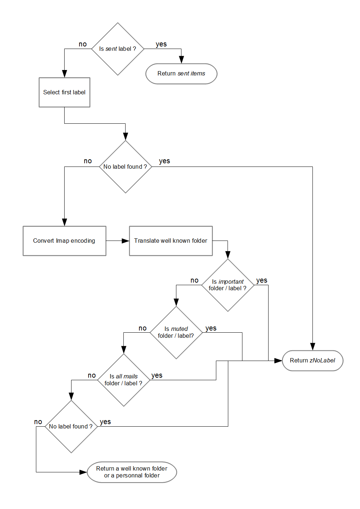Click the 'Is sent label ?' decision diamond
(118, 49)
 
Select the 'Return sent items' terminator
(181, 74)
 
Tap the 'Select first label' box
(64, 92)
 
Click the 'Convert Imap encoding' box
(64, 241)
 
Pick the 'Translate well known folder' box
(171, 241)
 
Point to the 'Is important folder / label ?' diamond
(228, 285)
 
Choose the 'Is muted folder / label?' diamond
(176, 332)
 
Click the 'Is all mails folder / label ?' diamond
(123, 380)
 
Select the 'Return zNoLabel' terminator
(312, 360)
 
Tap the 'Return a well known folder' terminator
(132, 472)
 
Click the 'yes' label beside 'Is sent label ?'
(161, 44)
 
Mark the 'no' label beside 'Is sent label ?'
(83, 44)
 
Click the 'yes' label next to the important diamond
(262, 280)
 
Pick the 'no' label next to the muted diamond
(143, 328)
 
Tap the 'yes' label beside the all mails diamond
(157, 375)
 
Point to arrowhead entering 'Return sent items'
(181, 60)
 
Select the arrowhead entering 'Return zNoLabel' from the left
(278, 361)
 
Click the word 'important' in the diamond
(231, 282)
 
